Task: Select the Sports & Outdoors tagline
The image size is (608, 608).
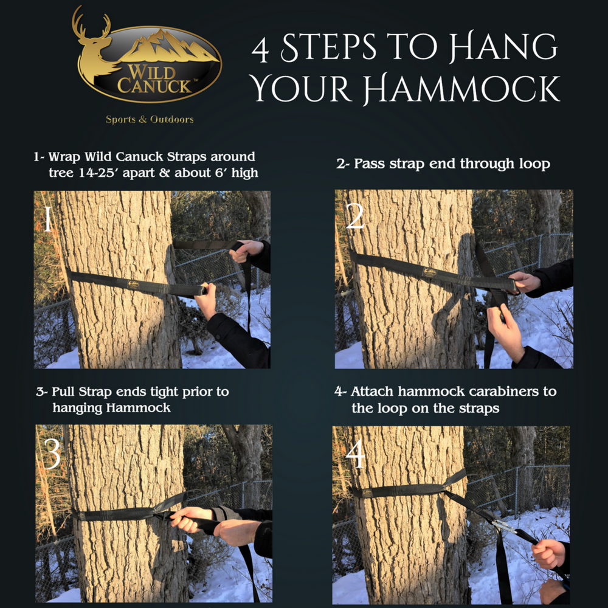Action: (150, 119)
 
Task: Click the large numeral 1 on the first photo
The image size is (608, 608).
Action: (46, 220)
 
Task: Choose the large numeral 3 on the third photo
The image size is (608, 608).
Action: (51, 454)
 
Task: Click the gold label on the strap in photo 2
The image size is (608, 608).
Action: (430, 273)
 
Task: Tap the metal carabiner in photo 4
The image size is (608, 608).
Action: (502, 525)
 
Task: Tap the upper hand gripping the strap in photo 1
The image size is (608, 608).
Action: (247, 249)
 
